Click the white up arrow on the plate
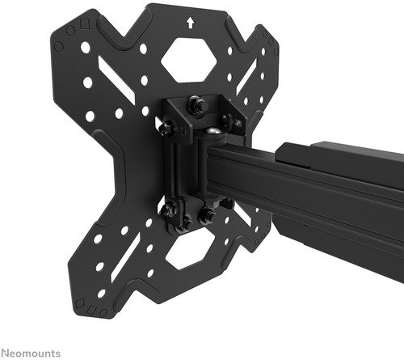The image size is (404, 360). coord(191,23)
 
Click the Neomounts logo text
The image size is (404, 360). coord(30,353)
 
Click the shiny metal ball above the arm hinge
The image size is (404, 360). coord(214,133)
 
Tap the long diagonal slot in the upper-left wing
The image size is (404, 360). coord(116,78)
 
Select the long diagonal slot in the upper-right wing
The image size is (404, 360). coord(246,76)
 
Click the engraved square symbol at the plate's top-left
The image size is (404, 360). coord(85,23)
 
